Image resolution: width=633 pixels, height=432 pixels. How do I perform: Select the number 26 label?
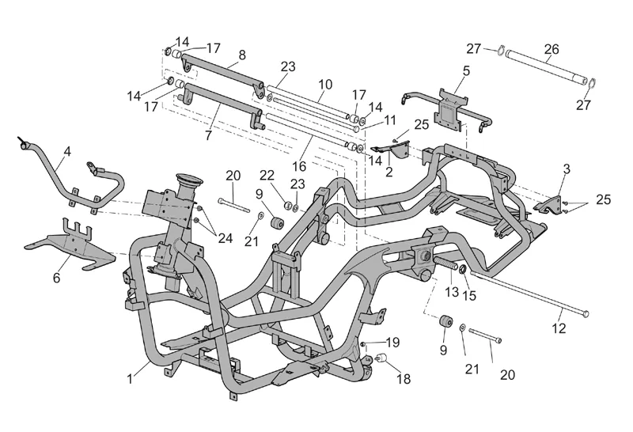[x=552, y=48]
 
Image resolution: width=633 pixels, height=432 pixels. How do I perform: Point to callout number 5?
[x=466, y=70]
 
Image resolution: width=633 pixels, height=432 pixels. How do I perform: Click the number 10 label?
[x=325, y=85]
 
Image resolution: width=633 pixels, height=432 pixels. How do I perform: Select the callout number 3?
[x=566, y=170]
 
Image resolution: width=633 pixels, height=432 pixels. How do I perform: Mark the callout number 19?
[x=392, y=342]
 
